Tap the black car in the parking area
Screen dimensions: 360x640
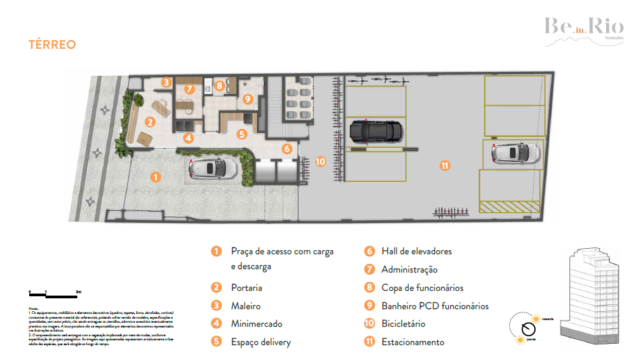[x=377, y=130]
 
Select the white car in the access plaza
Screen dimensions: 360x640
[x=213, y=171]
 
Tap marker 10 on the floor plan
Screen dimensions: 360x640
[x=320, y=160]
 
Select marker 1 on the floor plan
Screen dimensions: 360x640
[x=155, y=176]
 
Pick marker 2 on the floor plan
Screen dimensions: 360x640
[x=148, y=121]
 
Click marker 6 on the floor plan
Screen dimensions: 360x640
[x=286, y=148]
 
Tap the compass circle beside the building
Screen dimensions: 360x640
[x=526, y=326]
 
